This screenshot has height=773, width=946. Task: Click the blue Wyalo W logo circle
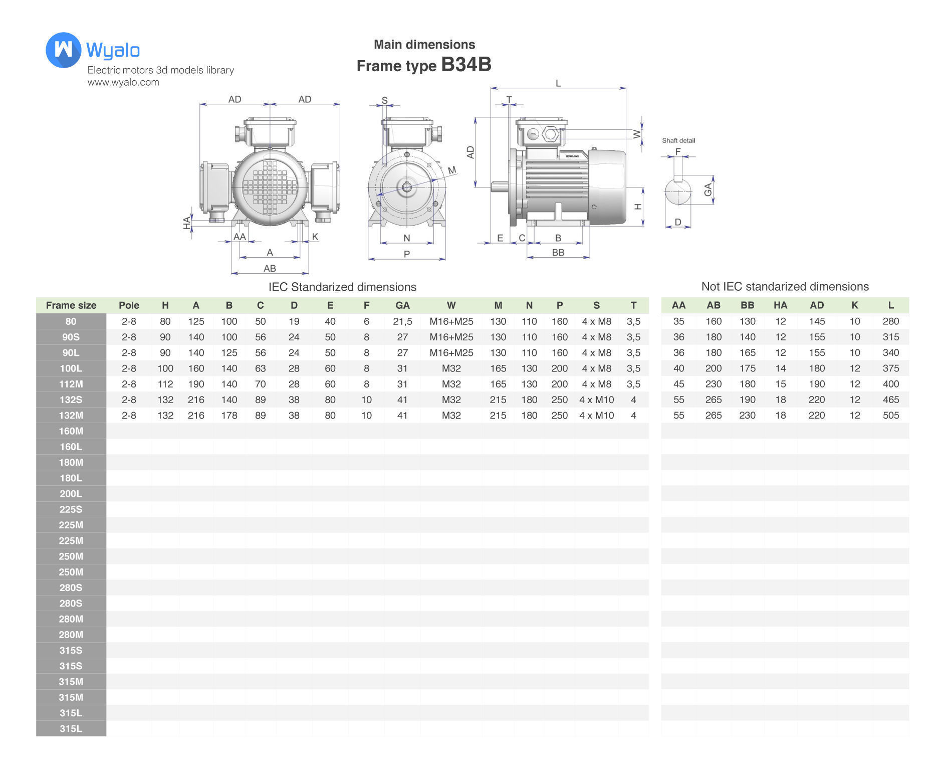click(x=63, y=50)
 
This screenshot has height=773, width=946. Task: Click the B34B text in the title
click(x=466, y=65)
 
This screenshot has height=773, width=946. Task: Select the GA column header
click(x=402, y=305)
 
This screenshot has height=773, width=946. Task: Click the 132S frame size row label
click(x=71, y=400)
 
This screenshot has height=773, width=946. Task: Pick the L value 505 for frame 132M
click(x=890, y=415)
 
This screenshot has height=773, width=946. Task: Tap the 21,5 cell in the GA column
click(x=402, y=321)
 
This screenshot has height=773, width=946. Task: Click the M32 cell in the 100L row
click(x=451, y=368)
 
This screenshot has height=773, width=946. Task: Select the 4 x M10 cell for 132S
click(x=596, y=400)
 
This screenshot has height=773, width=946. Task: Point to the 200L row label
click(x=71, y=494)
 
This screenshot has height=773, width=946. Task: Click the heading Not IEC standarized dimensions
click(x=785, y=286)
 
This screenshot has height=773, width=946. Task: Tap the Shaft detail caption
click(x=678, y=140)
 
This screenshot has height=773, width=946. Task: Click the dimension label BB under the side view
click(x=558, y=252)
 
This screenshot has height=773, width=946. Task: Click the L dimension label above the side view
click(x=558, y=83)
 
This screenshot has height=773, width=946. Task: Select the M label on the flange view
click(x=452, y=170)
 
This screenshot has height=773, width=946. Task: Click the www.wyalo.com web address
click(x=123, y=82)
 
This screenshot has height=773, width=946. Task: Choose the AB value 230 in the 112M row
click(x=713, y=384)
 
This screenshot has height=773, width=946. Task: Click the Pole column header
click(x=129, y=305)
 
